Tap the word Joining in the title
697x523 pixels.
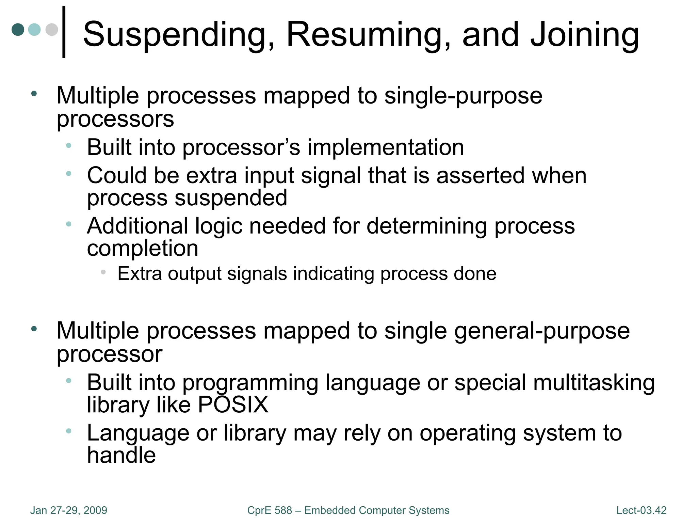click(x=585, y=35)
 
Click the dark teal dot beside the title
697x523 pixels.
click(x=18, y=29)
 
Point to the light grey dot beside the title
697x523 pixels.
click(x=52, y=29)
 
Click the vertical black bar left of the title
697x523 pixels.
click(x=64, y=32)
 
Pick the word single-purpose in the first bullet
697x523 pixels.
click(x=463, y=96)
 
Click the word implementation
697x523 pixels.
click(x=386, y=147)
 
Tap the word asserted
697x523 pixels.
click(x=480, y=176)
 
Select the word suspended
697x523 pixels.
click(x=231, y=198)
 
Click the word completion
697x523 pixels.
click(x=143, y=248)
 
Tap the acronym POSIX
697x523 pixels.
click(x=233, y=405)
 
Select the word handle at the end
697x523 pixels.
click(x=121, y=455)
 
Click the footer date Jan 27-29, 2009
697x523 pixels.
click(x=69, y=510)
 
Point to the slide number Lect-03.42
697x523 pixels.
click(x=641, y=510)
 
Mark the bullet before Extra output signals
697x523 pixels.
click(x=103, y=272)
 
